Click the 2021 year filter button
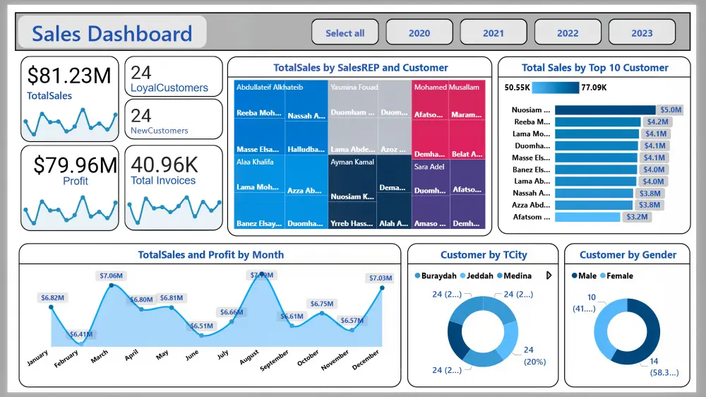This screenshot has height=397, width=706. [493, 33]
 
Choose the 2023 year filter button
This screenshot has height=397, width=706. [642, 33]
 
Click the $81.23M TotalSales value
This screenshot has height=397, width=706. [69, 75]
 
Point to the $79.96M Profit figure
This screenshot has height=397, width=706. [76, 165]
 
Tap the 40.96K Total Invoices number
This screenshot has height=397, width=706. [164, 164]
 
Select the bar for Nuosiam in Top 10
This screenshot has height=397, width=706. [605, 110]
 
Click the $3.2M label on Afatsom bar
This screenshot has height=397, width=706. [636, 217]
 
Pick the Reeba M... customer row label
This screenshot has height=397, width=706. [532, 122]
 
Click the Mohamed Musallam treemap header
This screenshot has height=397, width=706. [446, 88]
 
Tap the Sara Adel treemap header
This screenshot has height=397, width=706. [429, 167]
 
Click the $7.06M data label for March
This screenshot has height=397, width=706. [111, 275]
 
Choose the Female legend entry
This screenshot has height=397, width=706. [620, 275]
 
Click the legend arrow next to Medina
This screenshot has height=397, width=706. [549, 275]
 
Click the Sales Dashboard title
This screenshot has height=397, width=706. [112, 33]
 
